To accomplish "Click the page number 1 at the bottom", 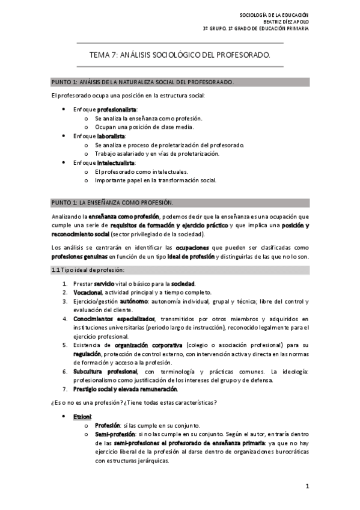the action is coord(307,485).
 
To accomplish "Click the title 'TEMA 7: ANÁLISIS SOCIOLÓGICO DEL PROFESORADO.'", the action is coord(180,55).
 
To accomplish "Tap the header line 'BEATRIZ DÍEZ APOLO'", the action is coord(284,20).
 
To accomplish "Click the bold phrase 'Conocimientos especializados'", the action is coord(114,318).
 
